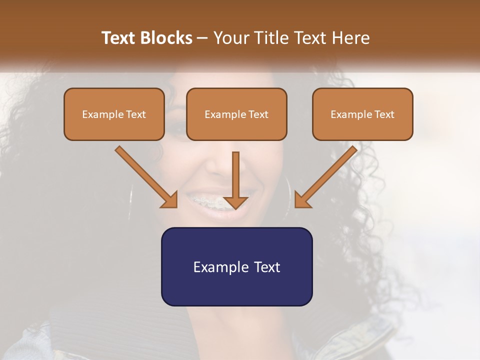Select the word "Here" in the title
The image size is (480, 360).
tap(350, 38)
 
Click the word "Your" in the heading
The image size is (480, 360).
tap(229, 38)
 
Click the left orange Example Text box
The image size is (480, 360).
tap(114, 114)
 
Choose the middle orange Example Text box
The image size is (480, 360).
tap(236, 114)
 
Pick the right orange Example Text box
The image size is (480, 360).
tap(362, 114)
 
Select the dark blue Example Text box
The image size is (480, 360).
tap(236, 266)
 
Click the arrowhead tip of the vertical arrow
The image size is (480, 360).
tap(235, 207)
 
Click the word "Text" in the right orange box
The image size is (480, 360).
tap(384, 114)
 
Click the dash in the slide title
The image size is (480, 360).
tap(202, 38)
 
